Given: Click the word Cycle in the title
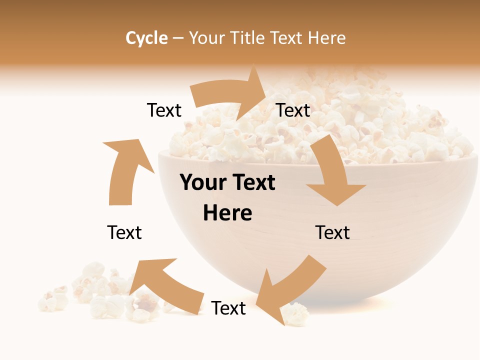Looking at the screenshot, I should point(146,38).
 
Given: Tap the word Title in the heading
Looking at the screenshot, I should point(248,38).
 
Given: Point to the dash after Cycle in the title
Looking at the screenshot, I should point(178,38).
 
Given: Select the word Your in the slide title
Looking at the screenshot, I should point(207,38).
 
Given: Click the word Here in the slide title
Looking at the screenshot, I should point(326,38).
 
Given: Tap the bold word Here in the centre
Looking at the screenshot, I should point(227,213).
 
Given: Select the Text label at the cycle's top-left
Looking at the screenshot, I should point(164,110).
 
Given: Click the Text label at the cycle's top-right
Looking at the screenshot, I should point(293,110).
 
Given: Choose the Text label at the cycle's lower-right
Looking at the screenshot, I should point(332,232).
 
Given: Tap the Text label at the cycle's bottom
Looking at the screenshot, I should point(228,308).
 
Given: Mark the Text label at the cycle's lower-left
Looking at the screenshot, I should point(124,232).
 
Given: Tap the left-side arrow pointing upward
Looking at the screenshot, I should point(125,170).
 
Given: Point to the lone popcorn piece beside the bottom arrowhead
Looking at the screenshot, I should point(295,312).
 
